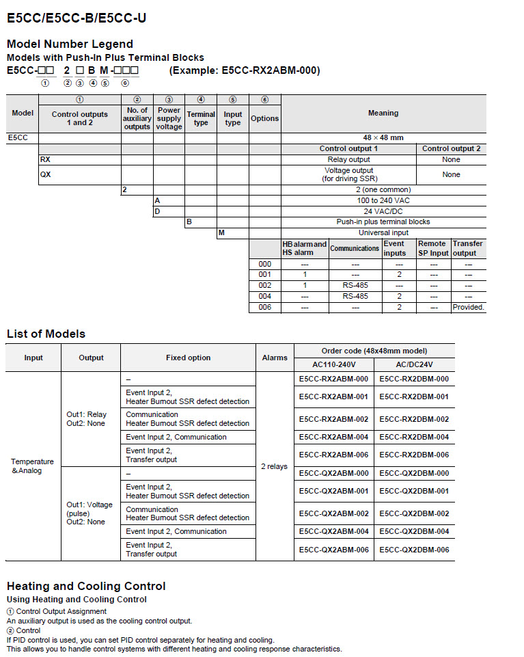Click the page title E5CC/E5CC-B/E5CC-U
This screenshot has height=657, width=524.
point(76,18)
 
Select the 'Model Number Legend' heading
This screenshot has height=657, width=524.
point(70,44)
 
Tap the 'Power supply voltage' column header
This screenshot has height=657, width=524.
point(169,118)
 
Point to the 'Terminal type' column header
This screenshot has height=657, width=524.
point(201,118)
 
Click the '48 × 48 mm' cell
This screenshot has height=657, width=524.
point(383,137)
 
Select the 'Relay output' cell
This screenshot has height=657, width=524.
point(348,159)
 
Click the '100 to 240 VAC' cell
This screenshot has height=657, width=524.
point(383,200)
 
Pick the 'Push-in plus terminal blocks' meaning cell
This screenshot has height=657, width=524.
point(383,222)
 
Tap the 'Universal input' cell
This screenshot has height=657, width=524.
point(383,232)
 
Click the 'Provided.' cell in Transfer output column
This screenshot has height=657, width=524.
point(468,307)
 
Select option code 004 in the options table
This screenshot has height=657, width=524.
point(264,296)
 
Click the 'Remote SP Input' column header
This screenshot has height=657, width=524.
point(433,248)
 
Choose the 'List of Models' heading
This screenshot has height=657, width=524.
point(46,334)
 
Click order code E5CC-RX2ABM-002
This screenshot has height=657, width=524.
point(333,419)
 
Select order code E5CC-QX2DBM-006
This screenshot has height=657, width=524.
point(414,550)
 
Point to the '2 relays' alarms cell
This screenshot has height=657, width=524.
point(274,466)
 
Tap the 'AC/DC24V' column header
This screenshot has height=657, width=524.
point(414,364)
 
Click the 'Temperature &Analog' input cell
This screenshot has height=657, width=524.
point(33,466)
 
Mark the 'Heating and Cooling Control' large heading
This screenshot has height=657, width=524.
point(86,586)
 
